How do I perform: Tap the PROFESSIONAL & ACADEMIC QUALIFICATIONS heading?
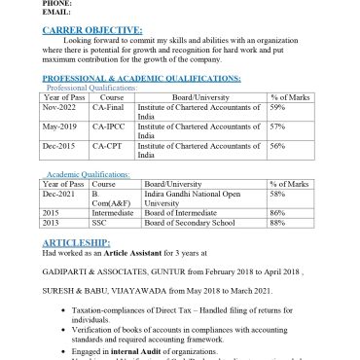click(142, 77)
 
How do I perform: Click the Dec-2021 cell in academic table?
click(59, 194)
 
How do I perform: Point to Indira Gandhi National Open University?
click(190, 198)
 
